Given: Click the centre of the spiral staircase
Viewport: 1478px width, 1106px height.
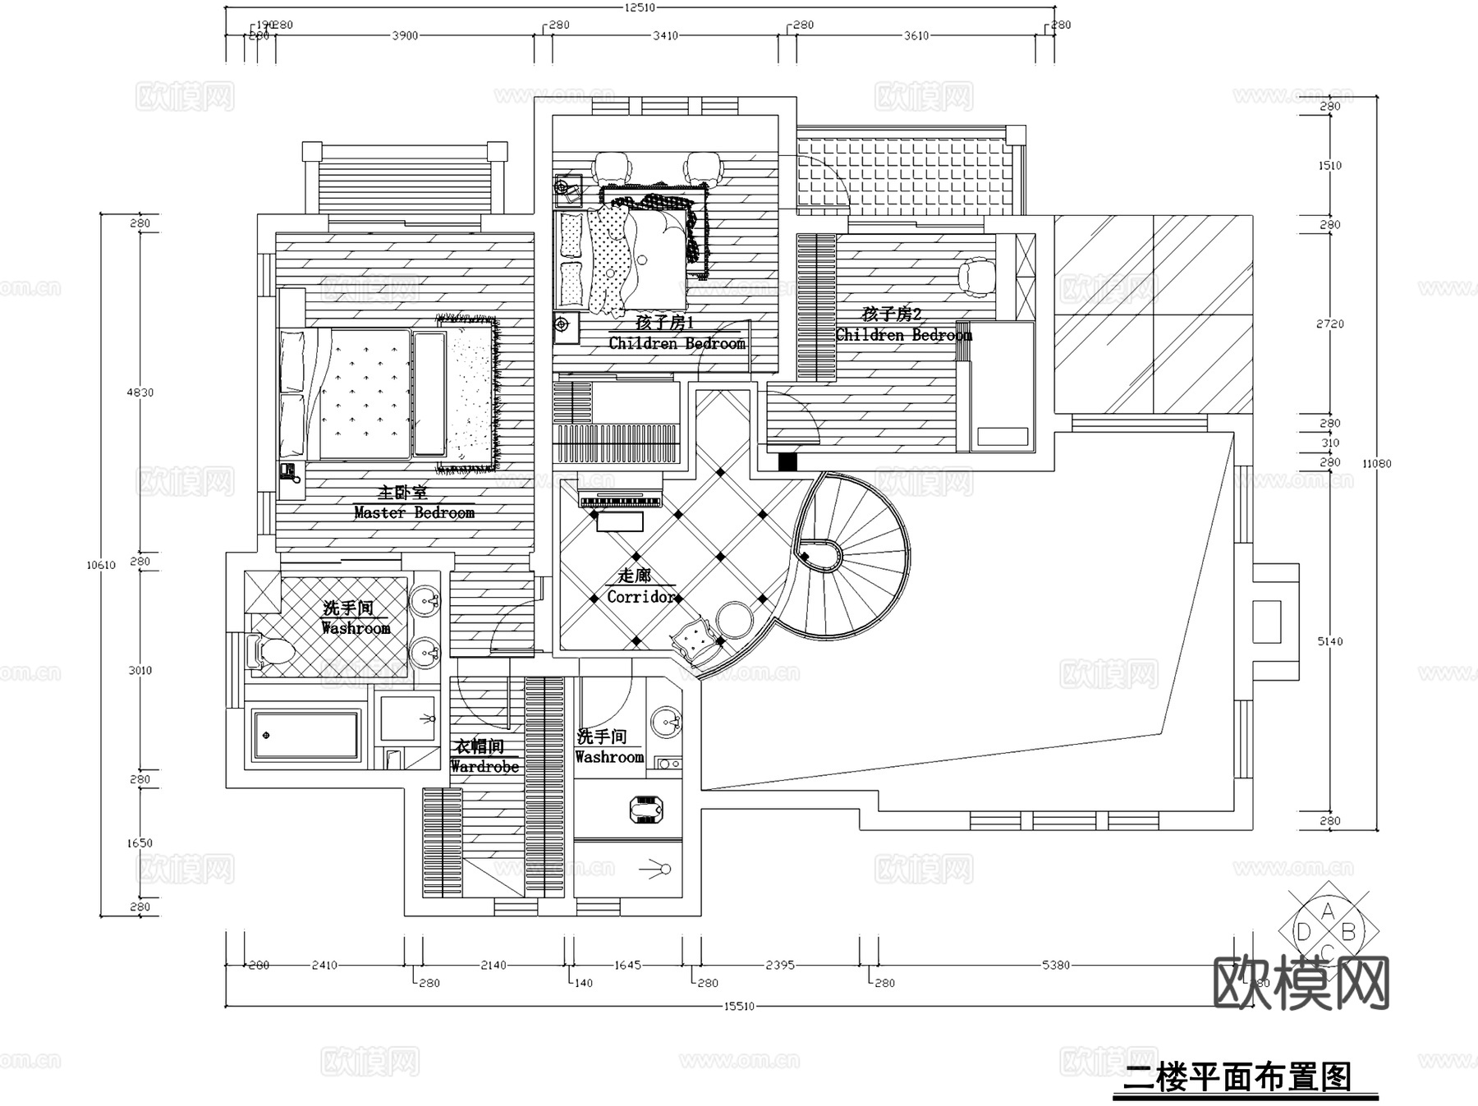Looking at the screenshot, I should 819,556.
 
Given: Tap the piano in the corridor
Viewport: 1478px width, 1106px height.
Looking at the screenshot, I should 620,502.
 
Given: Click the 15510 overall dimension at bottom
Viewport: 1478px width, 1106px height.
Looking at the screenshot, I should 738,1006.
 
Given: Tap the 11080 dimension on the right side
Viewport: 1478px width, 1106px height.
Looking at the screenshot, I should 1376,463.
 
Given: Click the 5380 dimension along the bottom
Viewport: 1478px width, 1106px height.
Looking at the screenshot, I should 1056,965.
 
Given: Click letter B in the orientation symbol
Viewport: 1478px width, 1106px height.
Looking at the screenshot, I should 1347,932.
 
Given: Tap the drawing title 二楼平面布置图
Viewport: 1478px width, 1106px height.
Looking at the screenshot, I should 1237,1076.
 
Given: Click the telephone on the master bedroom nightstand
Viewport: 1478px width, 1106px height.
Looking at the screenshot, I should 287,471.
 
